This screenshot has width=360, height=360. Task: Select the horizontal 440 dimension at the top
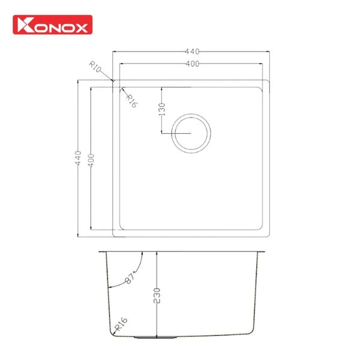[193, 52]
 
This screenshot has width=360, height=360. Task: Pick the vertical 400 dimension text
[91, 158]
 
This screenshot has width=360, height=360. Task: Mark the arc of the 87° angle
[139, 264]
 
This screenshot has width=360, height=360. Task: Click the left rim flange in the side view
[102, 251]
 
